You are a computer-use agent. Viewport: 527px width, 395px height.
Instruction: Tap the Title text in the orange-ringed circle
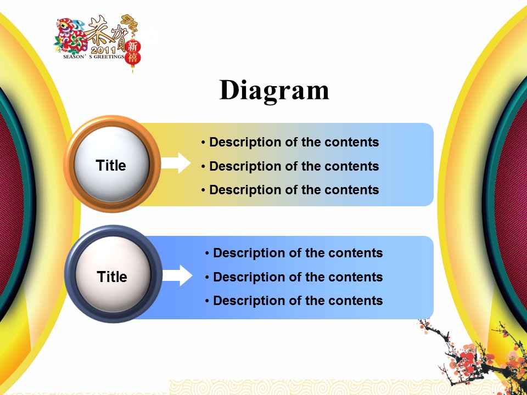tap(111, 166)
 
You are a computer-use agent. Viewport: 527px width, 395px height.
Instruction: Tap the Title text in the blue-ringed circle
tap(112, 276)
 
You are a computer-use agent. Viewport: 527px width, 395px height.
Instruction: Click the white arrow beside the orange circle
tap(176, 163)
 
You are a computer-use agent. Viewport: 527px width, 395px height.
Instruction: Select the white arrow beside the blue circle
tap(177, 275)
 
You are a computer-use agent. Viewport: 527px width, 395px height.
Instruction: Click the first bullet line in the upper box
tap(290, 143)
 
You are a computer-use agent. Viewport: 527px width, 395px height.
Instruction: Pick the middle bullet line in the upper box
tap(290, 166)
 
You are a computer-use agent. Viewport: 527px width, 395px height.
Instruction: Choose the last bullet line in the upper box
tap(290, 190)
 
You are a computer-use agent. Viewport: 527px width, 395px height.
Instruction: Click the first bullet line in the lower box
tap(294, 253)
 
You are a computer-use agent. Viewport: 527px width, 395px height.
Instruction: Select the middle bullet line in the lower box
tap(294, 277)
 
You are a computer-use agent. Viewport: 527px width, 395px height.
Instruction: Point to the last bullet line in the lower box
tap(294, 301)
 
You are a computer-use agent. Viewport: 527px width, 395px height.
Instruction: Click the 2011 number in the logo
tap(104, 50)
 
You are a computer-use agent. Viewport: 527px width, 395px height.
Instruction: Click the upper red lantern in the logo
tap(133, 46)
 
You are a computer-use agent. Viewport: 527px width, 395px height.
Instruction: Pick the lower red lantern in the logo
tap(133, 58)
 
